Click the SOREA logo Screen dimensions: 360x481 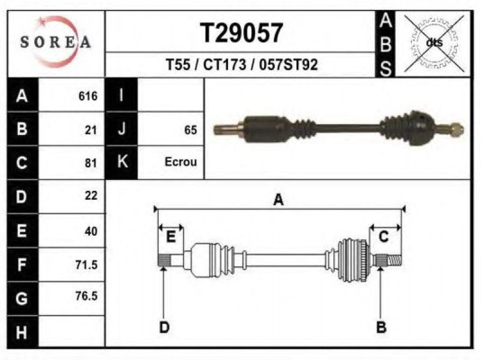coord(55,42)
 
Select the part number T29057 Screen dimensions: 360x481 coord(241,32)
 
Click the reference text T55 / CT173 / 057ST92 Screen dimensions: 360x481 coord(241,64)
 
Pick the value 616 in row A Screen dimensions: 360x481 coord(88,96)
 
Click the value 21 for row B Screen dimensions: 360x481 coord(91,130)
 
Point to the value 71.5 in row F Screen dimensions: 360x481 coord(86,265)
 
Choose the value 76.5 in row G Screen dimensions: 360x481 coord(86,296)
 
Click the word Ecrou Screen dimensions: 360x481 coord(180,162)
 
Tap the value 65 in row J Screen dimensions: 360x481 coord(191,130)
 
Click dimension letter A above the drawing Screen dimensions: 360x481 coord(278,200)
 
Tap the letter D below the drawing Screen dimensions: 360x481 coord(164,327)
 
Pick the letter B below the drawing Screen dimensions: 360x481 coord(381,327)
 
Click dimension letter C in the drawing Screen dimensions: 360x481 coord(384,238)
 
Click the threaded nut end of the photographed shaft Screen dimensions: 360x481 coord(456,128)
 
